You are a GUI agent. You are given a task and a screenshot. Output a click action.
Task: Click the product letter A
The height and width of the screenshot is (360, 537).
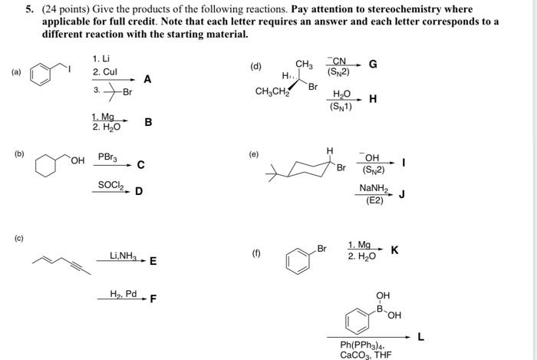(147, 79)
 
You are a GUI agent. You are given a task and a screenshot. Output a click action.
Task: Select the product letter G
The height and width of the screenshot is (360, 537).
(373, 64)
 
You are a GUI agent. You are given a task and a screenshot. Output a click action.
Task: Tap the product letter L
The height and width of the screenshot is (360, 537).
(420, 335)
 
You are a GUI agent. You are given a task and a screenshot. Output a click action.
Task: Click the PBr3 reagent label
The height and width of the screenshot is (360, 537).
(107, 157)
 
